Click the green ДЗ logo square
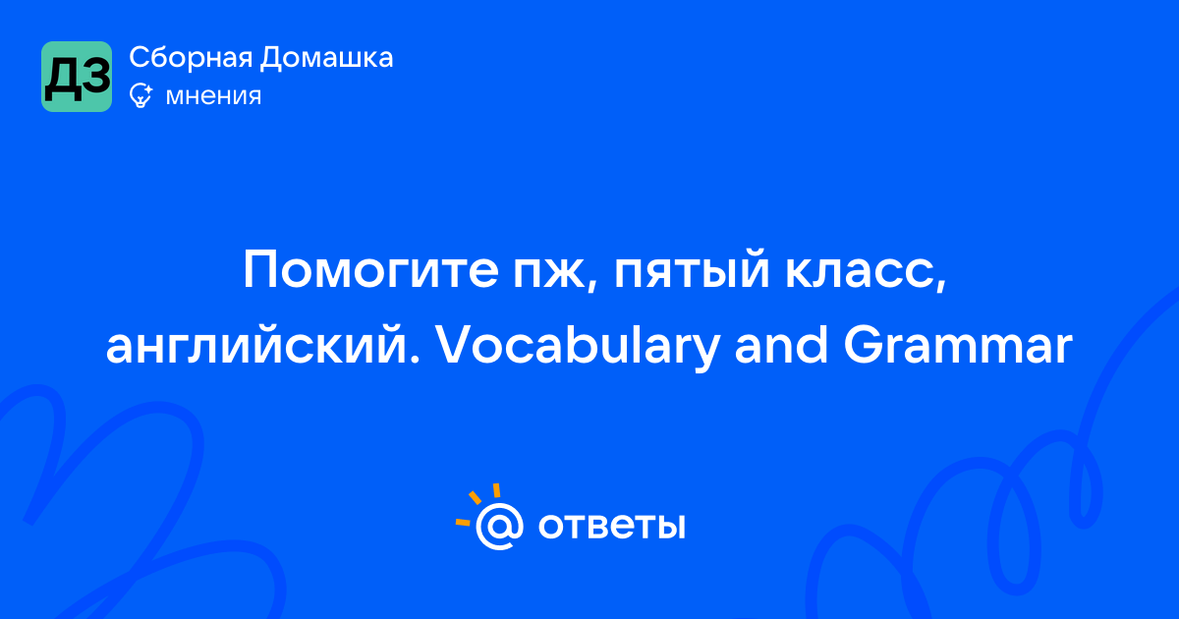point(77,77)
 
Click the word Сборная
point(191,58)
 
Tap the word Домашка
point(326,58)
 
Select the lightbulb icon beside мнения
point(141,96)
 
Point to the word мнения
point(213,96)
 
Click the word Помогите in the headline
point(370,270)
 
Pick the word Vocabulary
point(578,348)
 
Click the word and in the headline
point(781,345)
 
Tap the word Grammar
point(958,345)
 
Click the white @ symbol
point(499,527)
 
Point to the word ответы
point(611,526)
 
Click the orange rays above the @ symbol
point(477,504)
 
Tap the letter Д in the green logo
point(62,80)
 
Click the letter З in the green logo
point(96,78)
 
